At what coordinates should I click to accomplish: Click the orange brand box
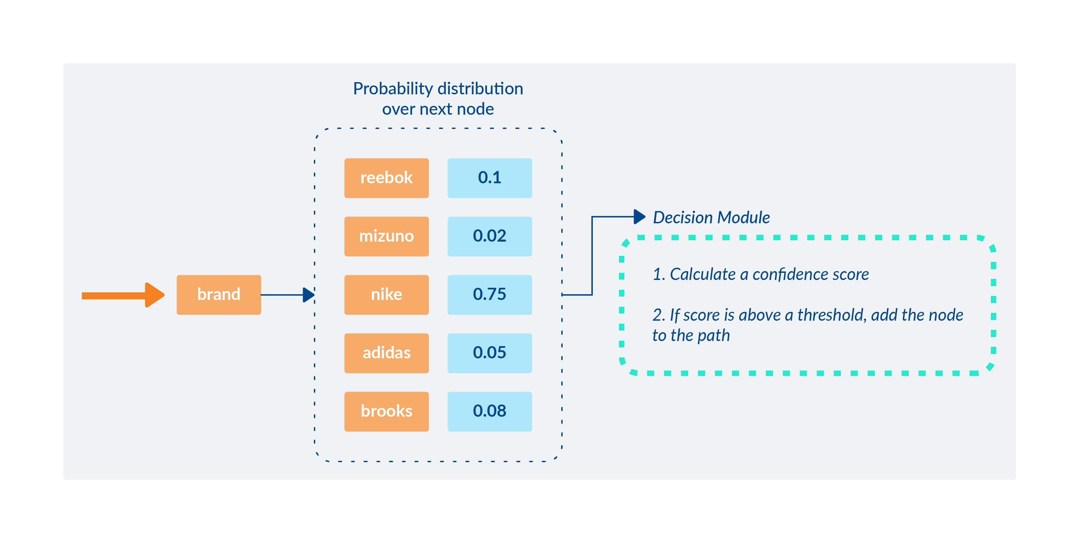(219, 295)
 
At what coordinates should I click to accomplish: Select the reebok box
(386, 178)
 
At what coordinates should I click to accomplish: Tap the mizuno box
(386, 236)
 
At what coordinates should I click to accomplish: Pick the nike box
(386, 295)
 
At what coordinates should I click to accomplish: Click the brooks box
(386, 412)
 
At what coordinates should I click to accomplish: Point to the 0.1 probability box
(490, 178)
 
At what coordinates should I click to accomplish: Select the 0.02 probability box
(490, 236)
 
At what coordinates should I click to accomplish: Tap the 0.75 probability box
(490, 295)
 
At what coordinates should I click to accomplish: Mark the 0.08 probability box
(490, 412)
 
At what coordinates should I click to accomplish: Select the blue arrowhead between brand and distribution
(308, 295)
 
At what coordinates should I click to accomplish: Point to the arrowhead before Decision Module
(639, 216)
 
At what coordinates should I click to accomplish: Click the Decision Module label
(711, 218)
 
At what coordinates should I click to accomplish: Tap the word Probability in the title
(393, 89)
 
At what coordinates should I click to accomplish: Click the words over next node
(438, 109)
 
